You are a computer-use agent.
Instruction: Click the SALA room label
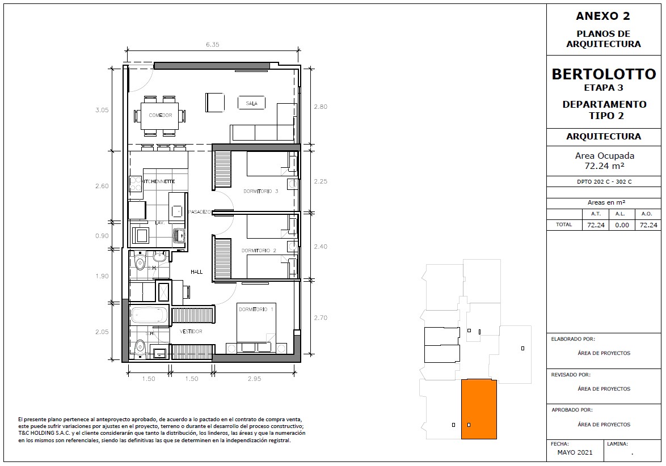tap(251, 103)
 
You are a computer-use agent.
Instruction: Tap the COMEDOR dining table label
tap(161, 116)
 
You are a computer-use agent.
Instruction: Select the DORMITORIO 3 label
tap(261, 192)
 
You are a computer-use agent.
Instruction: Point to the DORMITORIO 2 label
tap(259, 251)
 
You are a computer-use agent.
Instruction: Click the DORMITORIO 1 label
tap(256, 310)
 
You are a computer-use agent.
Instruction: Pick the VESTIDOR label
tap(191, 332)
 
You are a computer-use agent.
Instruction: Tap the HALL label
tap(197, 272)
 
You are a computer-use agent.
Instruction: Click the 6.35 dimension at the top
tap(213, 45)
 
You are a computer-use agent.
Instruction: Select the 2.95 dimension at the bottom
tap(254, 379)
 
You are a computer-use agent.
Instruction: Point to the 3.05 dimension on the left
tap(102, 110)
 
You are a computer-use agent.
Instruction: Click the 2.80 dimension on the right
tap(321, 107)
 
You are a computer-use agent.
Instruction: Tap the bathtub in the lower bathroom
tap(149, 315)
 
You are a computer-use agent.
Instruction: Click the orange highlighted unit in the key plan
tap(479, 409)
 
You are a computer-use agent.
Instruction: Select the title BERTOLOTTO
tap(604, 74)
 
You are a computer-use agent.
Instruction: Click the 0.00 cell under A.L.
tap(622, 226)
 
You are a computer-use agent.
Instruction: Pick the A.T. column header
tap(596, 214)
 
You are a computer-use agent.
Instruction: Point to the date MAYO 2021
tap(575, 452)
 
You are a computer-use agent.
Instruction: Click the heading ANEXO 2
tap(603, 16)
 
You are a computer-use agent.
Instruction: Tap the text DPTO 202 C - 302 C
tap(604, 181)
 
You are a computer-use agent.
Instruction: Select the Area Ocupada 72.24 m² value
tap(604, 166)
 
